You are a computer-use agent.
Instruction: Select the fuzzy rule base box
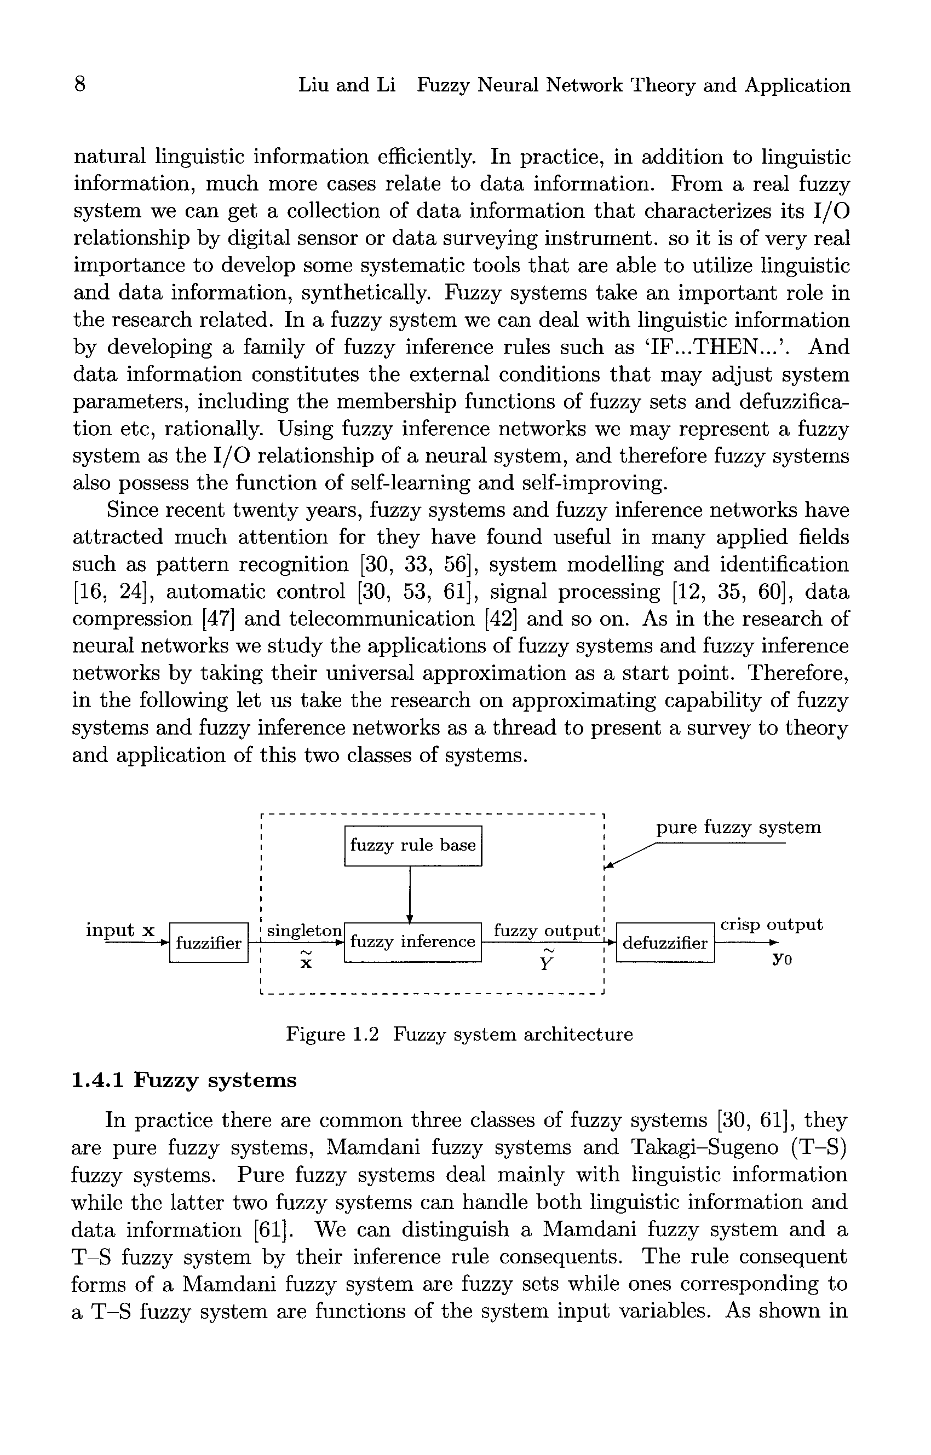(x=413, y=845)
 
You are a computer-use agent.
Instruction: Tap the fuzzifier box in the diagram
(x=209, y=943)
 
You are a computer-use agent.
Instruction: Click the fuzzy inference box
(x=412, y=942)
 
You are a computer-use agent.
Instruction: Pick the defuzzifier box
(x=665, y=943)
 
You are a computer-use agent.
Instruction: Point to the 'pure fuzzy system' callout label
(x=739, y=827)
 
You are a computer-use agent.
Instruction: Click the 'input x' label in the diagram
(x=120, y=929)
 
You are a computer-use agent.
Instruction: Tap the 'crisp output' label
(x=772, y=925)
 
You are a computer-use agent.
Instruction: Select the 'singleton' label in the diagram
(x=304, y=931)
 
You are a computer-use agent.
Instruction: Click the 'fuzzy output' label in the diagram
(x=547, y=931)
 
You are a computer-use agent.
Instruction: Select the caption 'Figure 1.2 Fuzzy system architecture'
(x=459, y=1035)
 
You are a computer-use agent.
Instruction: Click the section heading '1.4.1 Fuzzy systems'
(x=185, y=1080)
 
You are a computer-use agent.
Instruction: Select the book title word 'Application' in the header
(x=797, y=85)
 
